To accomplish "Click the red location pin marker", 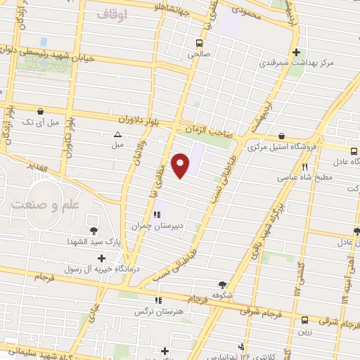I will pyautogui.click(x=181, y=165).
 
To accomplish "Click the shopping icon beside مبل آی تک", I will pyautogui.click(x=41, y=111).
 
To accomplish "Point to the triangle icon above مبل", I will pyautogui.click(x=117, y=134).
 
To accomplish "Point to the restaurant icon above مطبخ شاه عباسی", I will pyautogui.click(x=305, y=167).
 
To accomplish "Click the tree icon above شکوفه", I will pyautogui.click(x=223, y=285).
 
